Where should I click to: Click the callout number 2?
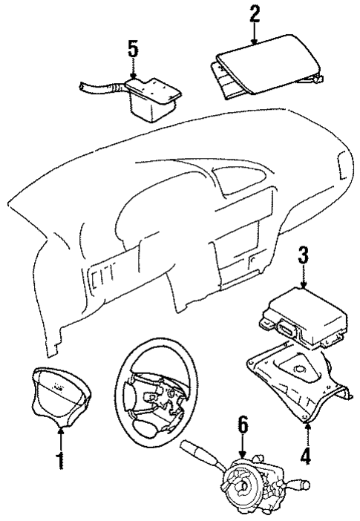255,13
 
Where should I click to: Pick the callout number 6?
242,425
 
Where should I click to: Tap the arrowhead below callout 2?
255,42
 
